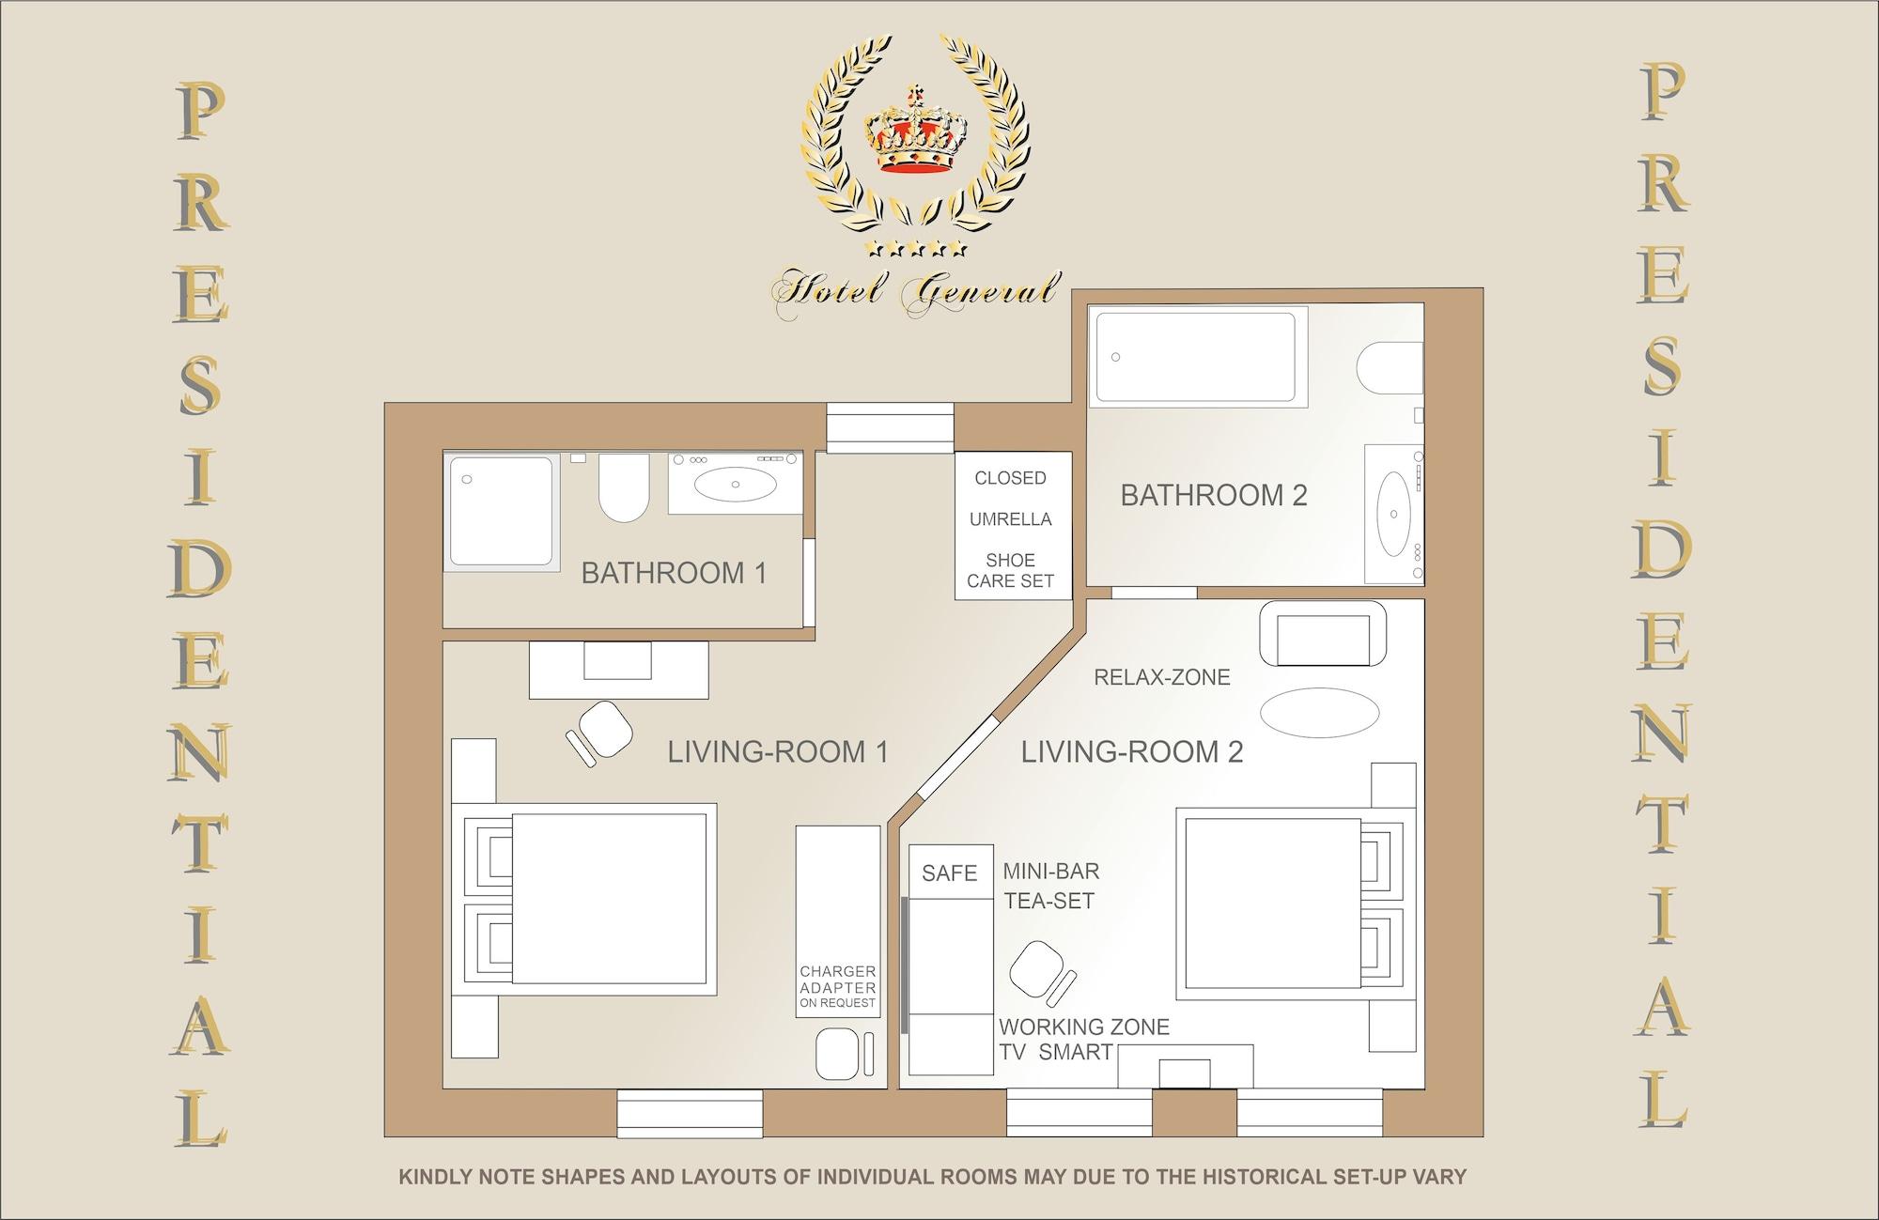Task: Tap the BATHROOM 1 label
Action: point(674,573)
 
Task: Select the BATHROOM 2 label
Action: point(1214,495)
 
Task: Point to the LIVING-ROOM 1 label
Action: point(778,751)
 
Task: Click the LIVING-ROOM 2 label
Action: point(1132,751)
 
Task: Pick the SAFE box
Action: point(951,873)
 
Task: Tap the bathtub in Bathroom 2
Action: point(1198,357)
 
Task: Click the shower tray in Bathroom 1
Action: point(502,512)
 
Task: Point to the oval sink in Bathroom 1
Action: point(735,484)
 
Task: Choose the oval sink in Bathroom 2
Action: point(1393,515)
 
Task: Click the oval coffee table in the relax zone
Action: point(1320,713)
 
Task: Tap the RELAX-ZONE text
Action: point(1162,677)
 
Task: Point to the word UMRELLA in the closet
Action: point(1011,519)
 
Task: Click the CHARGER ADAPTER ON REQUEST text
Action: point(838,987)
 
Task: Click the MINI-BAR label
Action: point(1051,871)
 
